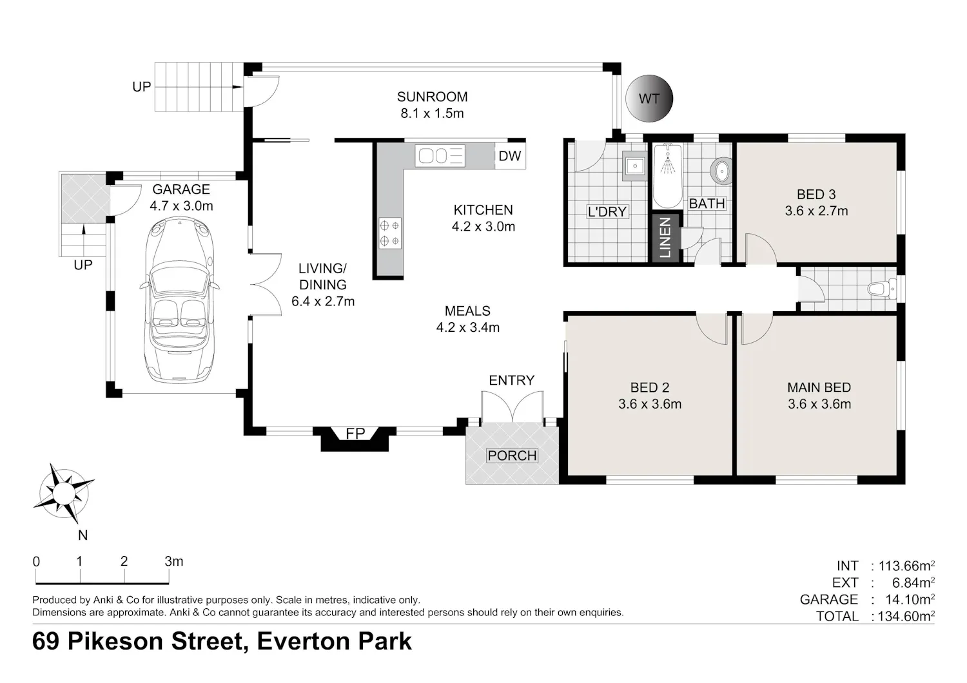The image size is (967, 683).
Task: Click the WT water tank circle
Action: [649, 99]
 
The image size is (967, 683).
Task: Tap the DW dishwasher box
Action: [510, 156]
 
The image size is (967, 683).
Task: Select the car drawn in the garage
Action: [180, 300]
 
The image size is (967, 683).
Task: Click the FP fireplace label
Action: [355, 433]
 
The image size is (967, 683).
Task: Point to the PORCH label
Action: [512, 455]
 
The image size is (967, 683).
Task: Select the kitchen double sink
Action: [440, 156]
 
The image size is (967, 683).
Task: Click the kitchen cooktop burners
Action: [390, 233]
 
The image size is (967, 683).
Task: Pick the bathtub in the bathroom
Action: [667, 176]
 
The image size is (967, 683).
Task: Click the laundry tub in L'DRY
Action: [634, 165]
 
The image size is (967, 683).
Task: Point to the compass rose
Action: [64, 493]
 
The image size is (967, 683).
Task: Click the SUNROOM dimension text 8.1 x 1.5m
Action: [432, 113]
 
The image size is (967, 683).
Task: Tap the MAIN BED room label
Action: [819, 387]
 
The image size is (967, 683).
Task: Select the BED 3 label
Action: [816, 195]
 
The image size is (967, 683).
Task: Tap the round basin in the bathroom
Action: [721, 171]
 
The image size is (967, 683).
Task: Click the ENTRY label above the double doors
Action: [512, 380]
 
